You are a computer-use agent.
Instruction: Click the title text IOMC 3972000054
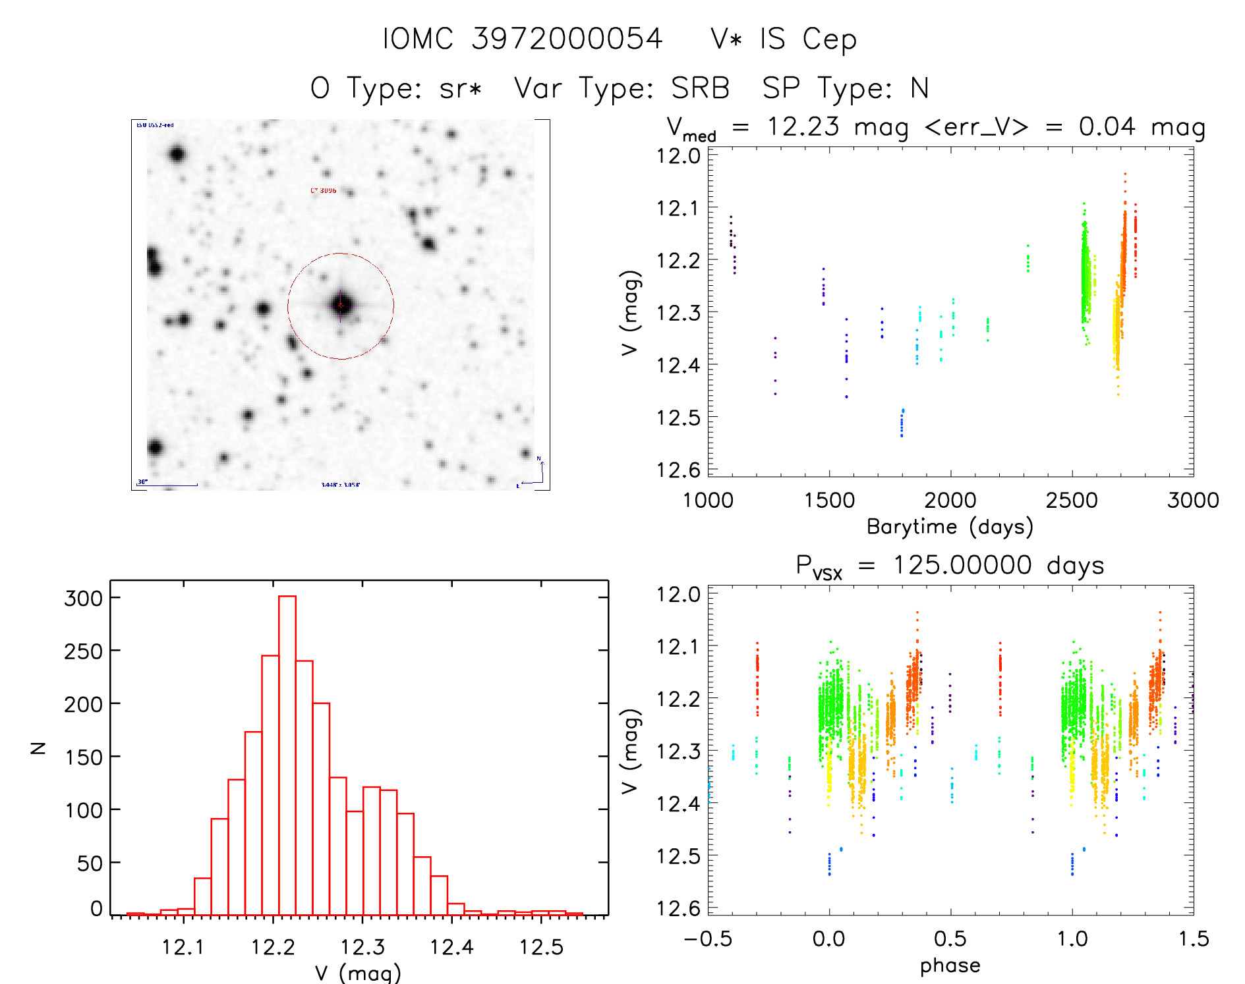(522, 39)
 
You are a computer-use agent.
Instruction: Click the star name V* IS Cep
(783, 40)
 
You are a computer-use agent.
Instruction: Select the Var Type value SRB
(700, 88)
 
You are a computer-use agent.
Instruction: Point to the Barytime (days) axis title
(949, 526)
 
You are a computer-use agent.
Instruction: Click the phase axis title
(950, 965)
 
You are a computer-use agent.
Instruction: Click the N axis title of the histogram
(39, 748)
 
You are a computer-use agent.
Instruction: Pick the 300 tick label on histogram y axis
(84, 598)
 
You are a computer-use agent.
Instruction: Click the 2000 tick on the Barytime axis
(950, 500)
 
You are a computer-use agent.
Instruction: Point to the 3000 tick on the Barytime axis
(1193, 500)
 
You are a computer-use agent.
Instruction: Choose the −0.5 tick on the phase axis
(708, 939)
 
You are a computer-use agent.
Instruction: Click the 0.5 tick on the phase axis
(950, 939)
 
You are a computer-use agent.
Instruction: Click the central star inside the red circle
(341, 305)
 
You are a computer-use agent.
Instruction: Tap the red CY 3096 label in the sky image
(323, 190)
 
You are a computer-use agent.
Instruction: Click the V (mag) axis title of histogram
(357, 973)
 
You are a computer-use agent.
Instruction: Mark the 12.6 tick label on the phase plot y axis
(678, 908)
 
